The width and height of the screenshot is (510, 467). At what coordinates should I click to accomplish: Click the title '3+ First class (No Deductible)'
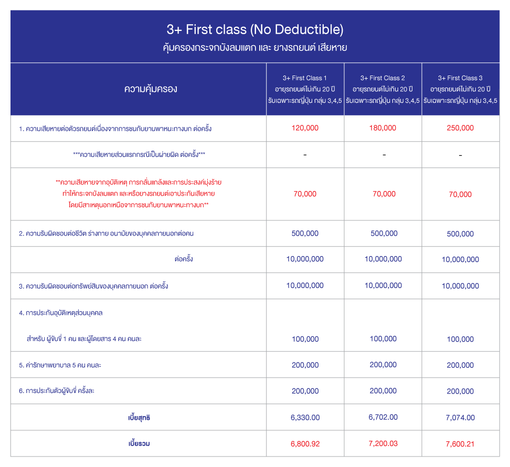(255, 29)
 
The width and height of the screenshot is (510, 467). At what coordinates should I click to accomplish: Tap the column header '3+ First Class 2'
(383, 78)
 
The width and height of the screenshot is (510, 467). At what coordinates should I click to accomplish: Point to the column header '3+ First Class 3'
(460, 78)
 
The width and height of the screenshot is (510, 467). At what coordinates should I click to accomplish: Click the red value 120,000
(305, 128)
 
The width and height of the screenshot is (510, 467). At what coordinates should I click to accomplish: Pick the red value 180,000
(384, 128)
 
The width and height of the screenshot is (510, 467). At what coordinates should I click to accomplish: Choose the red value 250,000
(460, 128)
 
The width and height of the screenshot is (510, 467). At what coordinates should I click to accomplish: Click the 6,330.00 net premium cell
(305, 418)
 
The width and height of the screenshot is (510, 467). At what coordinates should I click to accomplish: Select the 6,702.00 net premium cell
(384, 417)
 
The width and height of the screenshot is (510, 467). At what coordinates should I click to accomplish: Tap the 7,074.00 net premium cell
(460, 418)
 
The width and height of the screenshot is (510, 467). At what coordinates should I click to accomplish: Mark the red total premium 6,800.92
(305, 444)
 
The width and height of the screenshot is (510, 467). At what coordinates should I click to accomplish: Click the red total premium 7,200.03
(384, 443)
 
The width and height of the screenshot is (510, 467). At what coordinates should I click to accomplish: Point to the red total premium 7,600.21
(460, 444)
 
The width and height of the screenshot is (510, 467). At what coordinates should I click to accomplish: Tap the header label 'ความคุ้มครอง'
(151, 89)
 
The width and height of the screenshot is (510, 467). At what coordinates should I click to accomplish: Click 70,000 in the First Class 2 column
(384, 194)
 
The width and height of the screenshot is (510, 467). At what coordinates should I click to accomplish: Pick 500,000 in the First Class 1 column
(305, 234)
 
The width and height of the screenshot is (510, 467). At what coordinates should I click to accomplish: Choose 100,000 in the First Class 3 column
(460, 339)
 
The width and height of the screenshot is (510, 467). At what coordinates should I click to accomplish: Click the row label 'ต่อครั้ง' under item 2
(184, 259)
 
